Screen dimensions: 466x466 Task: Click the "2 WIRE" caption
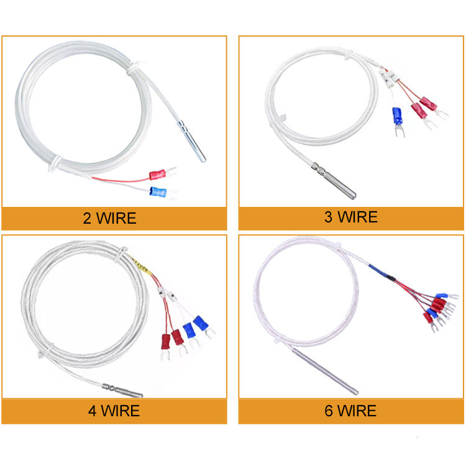[109, 218]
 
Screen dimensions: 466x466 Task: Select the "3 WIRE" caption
[350, 217]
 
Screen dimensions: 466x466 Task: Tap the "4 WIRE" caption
[113, 411]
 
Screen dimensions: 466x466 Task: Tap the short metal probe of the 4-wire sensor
[128, 391]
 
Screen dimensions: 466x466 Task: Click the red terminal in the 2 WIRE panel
[158, 173]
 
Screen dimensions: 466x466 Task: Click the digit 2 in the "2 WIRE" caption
[86, 219]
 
